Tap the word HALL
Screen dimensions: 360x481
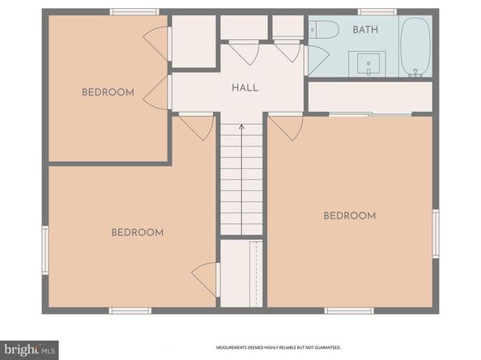coord(245,87)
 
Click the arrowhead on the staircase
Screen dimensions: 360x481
coord(241,127)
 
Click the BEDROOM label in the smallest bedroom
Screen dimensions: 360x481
coord(108,92)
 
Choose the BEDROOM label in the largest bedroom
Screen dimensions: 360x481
coord(350,216)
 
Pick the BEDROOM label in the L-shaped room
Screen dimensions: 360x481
coord(137,233)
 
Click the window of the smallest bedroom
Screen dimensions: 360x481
coord(134,12)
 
